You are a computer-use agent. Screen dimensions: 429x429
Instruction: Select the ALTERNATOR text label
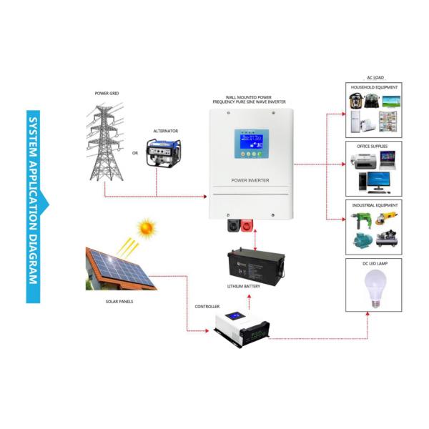166,131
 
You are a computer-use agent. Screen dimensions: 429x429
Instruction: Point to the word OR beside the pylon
135,152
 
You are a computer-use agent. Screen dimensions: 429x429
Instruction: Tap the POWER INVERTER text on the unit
250,180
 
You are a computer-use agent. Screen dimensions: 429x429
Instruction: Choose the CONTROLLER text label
207,306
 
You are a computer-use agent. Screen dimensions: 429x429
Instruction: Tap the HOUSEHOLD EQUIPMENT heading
373,87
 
